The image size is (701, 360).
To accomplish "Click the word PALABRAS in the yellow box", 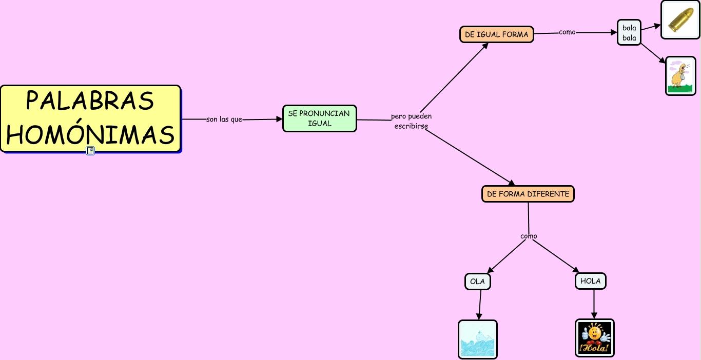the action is click(90, 101).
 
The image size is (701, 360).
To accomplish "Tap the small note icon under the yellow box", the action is click(90, 151).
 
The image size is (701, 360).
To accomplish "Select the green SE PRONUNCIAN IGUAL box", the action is click(320, 118).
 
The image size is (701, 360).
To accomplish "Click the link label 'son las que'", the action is click(224, 119).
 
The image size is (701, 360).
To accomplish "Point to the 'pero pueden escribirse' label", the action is click(411, 121).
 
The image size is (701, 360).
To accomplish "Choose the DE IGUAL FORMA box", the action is click(497, 34).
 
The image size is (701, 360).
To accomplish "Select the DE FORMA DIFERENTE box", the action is click(528, 194).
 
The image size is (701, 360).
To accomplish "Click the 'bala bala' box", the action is click(629, 32).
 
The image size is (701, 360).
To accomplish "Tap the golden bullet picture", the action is click(680, 19).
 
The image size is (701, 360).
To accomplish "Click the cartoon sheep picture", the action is click(680, 76).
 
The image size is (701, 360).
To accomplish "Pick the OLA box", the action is click(478, 282).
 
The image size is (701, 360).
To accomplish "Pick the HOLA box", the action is click(591, 281).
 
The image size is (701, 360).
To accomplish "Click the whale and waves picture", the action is click(478, 339).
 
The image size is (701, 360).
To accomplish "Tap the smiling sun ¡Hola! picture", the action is click(595, 338).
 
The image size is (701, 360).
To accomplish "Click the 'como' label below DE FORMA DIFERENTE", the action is click(529, 236).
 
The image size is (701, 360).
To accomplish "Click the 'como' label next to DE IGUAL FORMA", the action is click(567, 32).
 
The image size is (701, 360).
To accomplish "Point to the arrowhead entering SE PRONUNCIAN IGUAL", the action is click(279, 119).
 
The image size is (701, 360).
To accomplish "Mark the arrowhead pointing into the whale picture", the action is click(479, 316).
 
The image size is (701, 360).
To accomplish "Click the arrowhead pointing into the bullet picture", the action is click(657, 26).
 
